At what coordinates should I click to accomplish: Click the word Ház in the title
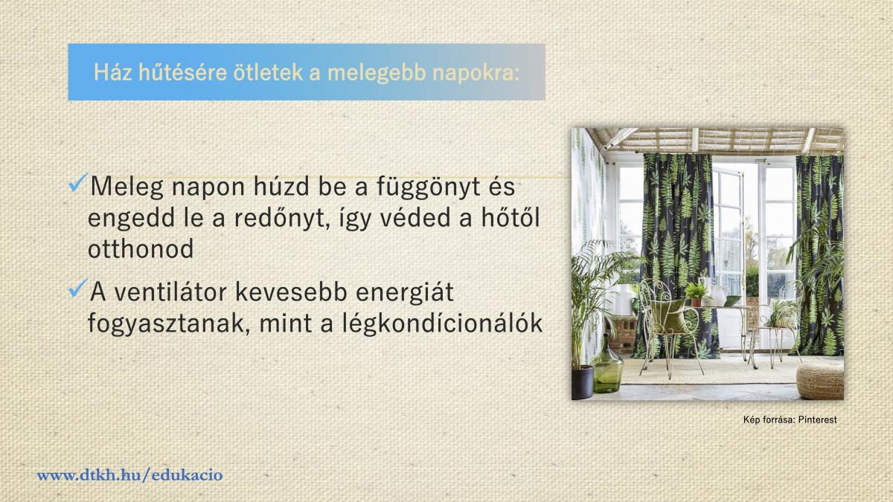(112, 73)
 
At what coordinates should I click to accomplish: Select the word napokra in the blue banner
(476, 74)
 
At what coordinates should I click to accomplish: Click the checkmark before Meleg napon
(77, 183)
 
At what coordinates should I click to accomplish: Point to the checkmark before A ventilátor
(77, 289)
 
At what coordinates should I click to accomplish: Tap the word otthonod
(141, 248)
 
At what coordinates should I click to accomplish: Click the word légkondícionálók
(443, 324)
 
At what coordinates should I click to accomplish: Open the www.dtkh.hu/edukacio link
(129, 475)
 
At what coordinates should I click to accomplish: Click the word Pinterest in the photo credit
(817, 419)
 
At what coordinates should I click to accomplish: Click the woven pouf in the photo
(820, 381)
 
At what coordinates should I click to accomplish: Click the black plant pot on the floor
(583, 382)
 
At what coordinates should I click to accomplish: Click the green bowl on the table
(732, 301)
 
